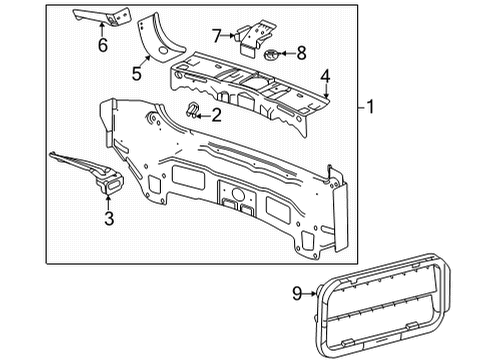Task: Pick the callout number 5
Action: click(136, 72)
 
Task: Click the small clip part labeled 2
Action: click(192, 110)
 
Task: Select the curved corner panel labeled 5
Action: click(157, 38)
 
